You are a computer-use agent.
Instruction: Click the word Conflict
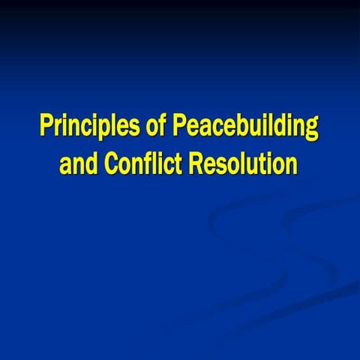(x=143, y=163)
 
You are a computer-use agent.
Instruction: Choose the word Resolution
(x=243, y=163)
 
